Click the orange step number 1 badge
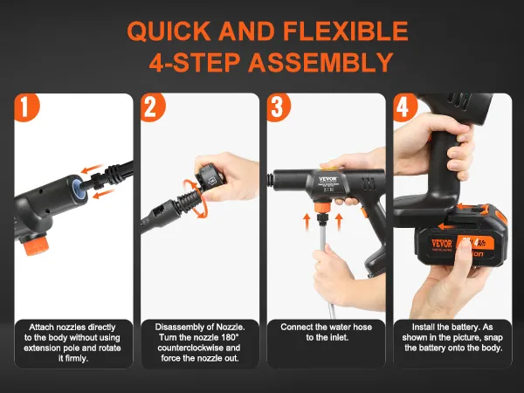pyautogui.click(x=26, y=107)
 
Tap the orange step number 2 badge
pyautogui.click(x=152, y=107)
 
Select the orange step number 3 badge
pyautogui.click(x=279, y=107)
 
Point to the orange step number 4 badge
pyautogui.click(x=404, y=107)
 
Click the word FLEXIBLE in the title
pyautogui.click(x=346, y=31)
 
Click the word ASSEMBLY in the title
pyautogui.click(x=321, y=63)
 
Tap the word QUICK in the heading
pyautogui.click(x=169, y=31)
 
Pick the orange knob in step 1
pyautogui.click(x=35, y=245)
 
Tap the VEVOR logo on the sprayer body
pyautogui.click(x=327, y=179)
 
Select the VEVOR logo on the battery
pyautogui.click(x=442, y=243)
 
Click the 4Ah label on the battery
pyautogui.click(x=479, y=242)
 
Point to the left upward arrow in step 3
pyautogui.click(x=307, y=223)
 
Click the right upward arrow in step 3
pyautogui.click(x=339, y=223)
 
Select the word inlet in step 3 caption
pyautogui.click(x=341, y=337)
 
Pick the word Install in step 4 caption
pyautogui.click(x=424, y=327)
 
